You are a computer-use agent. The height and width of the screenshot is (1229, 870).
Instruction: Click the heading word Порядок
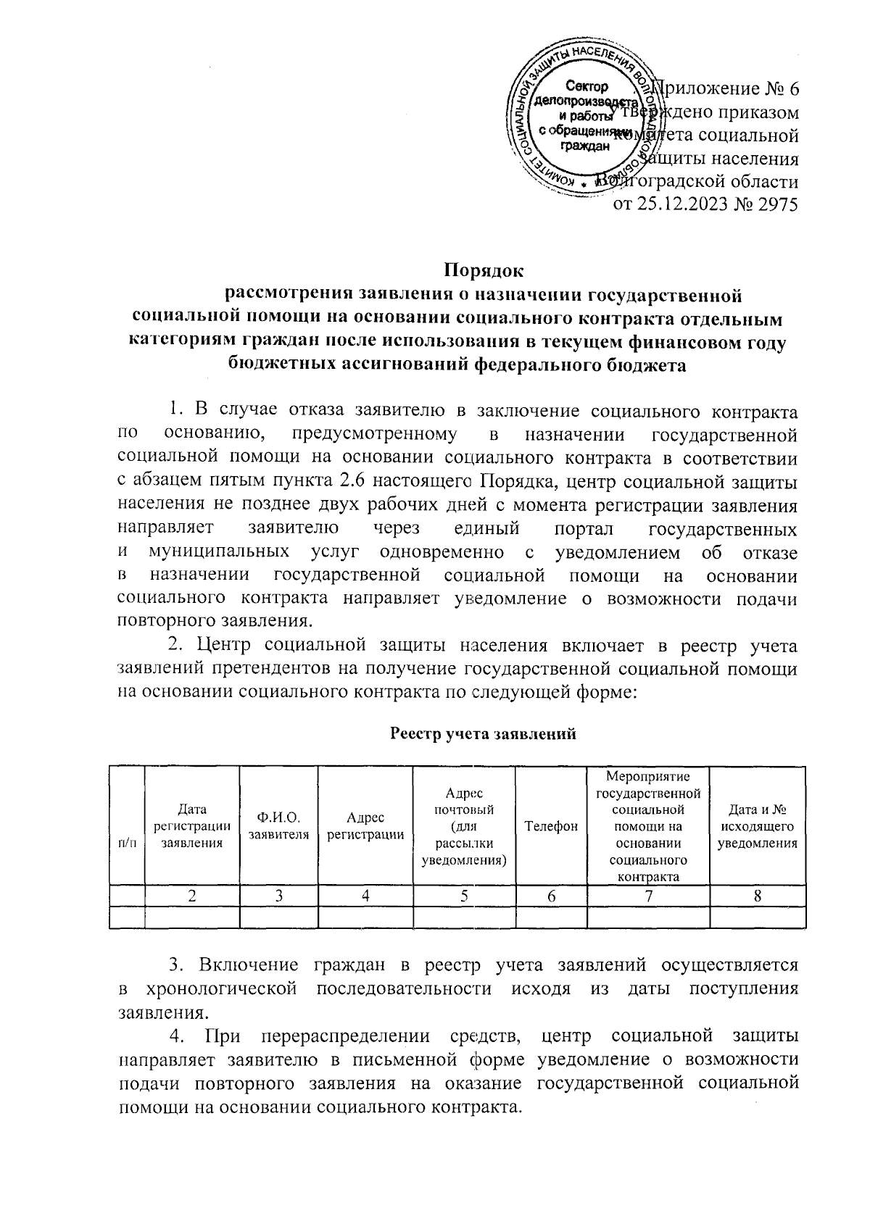(484, 271)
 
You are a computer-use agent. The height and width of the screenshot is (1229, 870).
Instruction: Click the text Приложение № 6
(727, 89)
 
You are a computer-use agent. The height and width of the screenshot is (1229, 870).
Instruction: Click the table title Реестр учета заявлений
(484, 734)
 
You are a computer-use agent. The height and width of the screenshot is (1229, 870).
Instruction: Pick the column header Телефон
(551, 826)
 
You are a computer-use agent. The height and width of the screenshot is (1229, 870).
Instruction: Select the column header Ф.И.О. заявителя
(279, 826)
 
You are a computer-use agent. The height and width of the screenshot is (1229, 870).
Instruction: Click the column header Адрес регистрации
(365, 826)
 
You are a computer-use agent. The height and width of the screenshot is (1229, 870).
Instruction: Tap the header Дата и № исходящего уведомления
(757, 826)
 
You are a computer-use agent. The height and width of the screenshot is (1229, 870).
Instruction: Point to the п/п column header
(126, 843)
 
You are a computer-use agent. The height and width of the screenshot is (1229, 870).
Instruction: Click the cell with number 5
(463, 896)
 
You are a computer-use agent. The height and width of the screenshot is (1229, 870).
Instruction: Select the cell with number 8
(757, 896)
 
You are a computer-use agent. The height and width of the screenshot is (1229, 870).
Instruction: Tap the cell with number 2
(192, 896)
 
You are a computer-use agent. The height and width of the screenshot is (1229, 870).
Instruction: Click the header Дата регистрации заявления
(192, 826)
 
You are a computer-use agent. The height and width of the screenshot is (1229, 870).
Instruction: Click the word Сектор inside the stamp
(586, 86)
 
